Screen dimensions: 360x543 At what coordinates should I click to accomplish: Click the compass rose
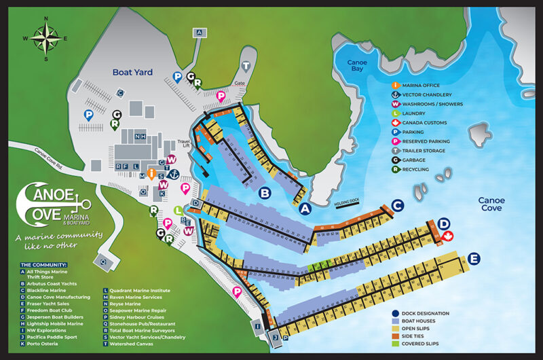(x=45, y=37)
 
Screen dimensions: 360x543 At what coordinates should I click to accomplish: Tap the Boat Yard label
(x=134, y=71)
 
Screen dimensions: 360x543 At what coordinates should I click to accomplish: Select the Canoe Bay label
(x=358, y=66)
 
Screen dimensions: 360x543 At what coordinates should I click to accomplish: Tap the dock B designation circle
(x=265, y=193)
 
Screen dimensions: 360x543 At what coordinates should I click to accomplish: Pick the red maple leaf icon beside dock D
(x=448, y=236)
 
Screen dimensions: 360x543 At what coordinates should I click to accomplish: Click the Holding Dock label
(x=349, y=202)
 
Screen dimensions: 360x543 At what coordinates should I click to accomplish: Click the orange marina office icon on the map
(x=151, y=173)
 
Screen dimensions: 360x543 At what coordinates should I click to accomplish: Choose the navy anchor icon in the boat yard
(x=173, y=175)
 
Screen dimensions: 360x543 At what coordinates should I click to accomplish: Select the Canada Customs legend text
(x=428, y=122)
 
